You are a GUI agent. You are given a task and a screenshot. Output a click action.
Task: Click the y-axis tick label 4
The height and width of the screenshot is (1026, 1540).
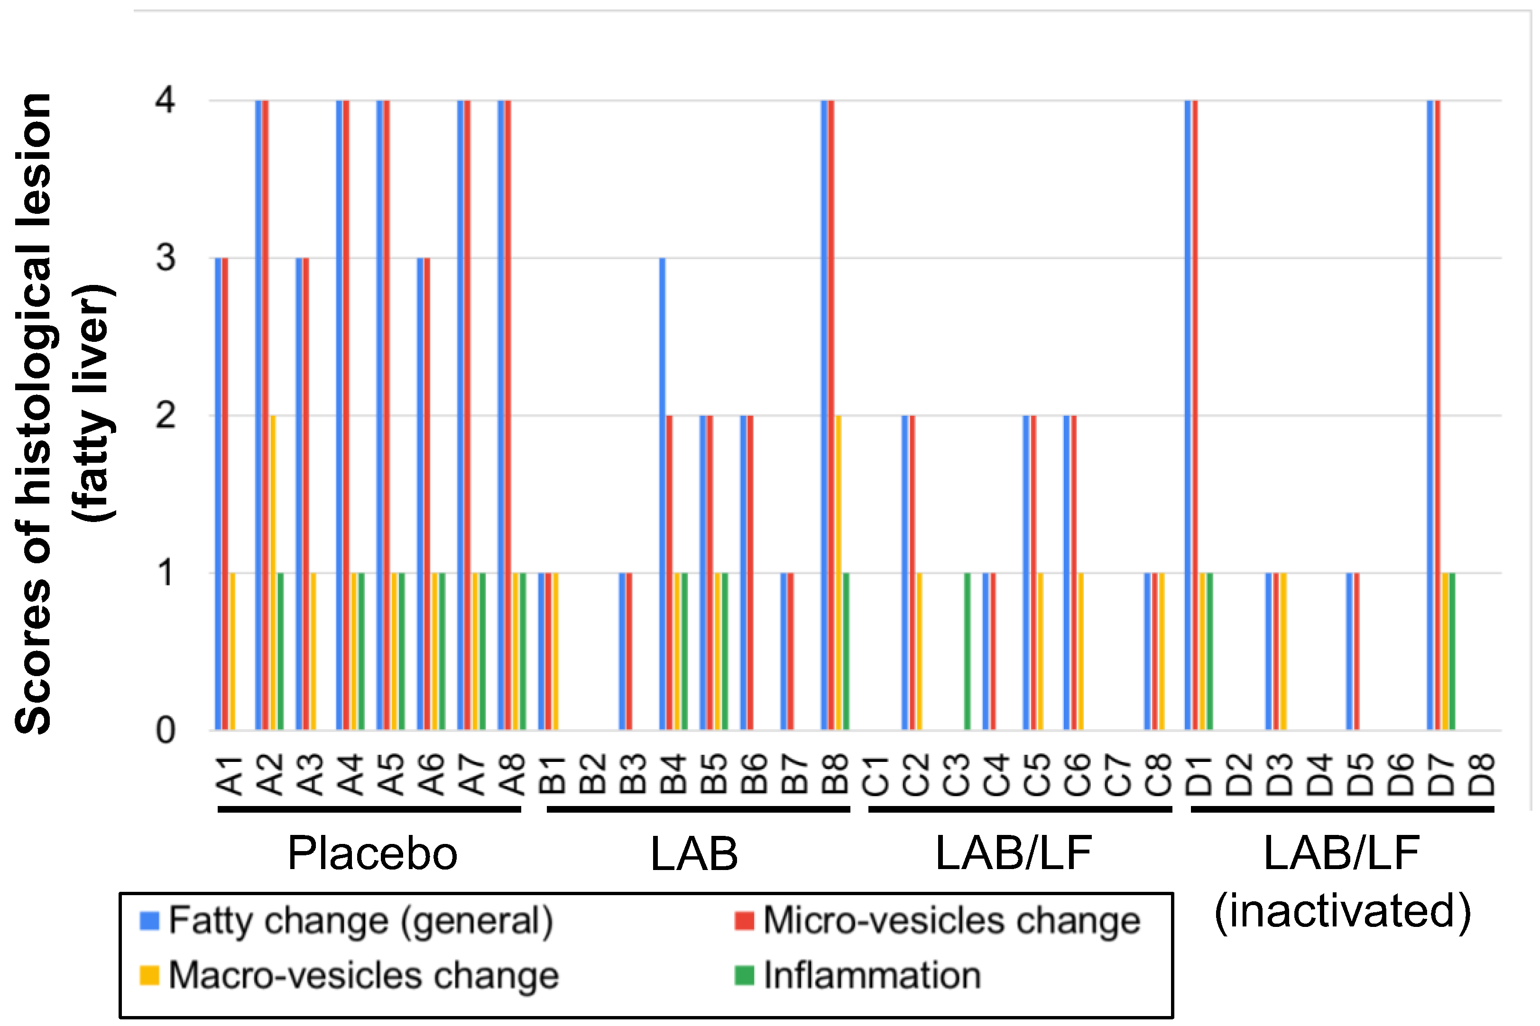(x=166, y=101)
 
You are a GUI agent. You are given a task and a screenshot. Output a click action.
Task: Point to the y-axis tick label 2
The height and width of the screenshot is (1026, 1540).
(x=166, y=415)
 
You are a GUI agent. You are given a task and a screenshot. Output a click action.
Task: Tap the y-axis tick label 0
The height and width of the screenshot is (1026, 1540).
(x=166, y=730)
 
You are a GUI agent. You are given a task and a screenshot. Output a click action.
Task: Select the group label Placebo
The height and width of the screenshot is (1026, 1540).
(x=372, y=853)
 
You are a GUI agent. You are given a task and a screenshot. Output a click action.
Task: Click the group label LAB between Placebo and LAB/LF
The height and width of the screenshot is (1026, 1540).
(x=694, y=853)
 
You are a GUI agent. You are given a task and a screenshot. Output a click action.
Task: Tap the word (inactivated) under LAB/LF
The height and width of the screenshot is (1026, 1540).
(x=1342, y=910)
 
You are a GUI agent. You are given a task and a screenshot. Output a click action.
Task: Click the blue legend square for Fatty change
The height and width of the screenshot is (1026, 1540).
(x=149, y=921)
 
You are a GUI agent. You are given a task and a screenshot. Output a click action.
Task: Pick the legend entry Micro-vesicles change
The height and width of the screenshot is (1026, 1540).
(x=951, y=921)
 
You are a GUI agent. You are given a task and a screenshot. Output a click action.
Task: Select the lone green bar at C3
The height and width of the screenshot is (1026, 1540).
(x=968, y=651)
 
